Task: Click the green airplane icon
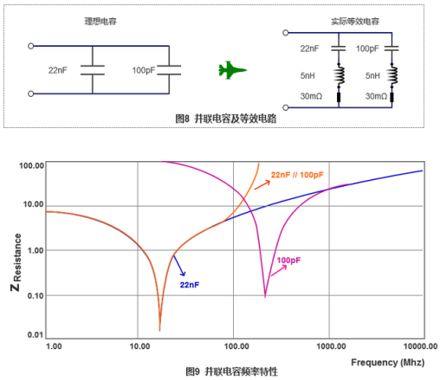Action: click(232, 70)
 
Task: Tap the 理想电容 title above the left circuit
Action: click(100, 22)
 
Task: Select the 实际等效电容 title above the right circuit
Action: click(355, 22)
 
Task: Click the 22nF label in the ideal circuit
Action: click(58, 70)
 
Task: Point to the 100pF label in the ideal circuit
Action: click(144, 70)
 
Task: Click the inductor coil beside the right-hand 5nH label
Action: click(392, 75)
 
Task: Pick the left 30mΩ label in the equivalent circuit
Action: click(311, 96)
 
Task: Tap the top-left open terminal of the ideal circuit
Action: click(31, 46)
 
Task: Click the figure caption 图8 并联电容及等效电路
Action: click(226, 119)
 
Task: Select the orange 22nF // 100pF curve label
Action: click(297, 175)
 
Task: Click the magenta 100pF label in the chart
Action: click(288, 261)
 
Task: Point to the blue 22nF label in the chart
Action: click(190, 285)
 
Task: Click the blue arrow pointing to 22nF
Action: click(179, 266)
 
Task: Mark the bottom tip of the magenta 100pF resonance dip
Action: click(265, 297)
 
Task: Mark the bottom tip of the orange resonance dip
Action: click(159, 331)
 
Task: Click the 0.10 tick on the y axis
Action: click(36, 295)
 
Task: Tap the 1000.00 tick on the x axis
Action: click(331, 346)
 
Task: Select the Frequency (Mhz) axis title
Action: click(388, 363)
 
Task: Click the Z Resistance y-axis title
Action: click(16, 262)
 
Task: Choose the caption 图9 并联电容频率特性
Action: click(232, 371)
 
